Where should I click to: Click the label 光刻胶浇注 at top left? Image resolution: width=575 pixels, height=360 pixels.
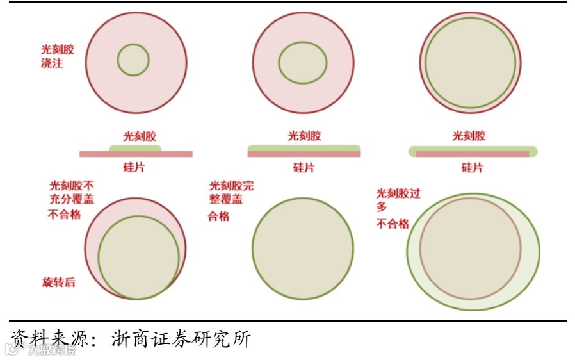[56, 56]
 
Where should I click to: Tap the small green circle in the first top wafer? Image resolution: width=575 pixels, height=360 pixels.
[133, 60]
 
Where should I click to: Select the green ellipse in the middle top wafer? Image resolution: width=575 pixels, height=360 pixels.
[303, 62]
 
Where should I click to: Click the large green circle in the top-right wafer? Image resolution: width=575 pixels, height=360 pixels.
[471, 62]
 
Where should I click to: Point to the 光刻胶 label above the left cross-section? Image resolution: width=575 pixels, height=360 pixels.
[140, 136]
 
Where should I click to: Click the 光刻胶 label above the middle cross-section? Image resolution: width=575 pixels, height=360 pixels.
[304, 136]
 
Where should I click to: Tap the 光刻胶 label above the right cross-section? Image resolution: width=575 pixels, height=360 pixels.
[469, 136]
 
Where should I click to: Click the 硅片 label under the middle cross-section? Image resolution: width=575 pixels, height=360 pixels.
[304, 168]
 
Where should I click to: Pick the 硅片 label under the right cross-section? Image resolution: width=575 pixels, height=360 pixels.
[472, 168]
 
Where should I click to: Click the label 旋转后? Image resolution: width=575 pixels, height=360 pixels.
[58, 282]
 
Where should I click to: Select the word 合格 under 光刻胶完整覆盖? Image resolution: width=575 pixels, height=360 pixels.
[219, 217]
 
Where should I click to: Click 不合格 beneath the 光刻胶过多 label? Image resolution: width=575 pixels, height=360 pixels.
[392, 224]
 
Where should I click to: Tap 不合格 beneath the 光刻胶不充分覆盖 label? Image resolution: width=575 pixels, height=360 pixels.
[65, 215]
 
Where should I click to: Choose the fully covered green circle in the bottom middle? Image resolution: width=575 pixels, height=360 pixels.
[302, 249]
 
